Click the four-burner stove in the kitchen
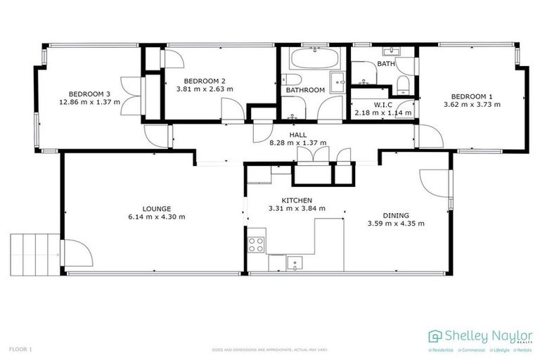(256, 245)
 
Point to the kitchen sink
(295, 263)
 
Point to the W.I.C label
(382, 105)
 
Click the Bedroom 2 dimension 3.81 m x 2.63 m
(204, 89)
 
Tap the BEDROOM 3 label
(89, 94)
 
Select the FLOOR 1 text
(20, 349)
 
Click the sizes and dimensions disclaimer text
(270, 349)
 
